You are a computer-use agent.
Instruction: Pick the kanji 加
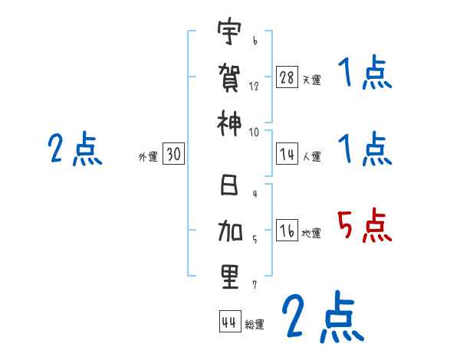[229, 230]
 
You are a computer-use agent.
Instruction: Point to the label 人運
[311, 157]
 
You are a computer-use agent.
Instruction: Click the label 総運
[255, 324]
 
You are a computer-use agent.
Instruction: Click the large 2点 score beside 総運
[322, 316]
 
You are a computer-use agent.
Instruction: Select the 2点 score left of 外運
[74, 149]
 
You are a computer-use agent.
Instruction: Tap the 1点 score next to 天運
[365, 75]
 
